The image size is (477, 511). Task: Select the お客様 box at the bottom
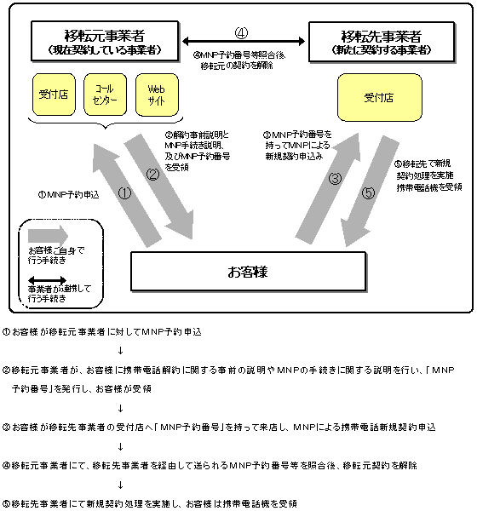point(248,273)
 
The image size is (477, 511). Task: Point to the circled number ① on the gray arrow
point(124,192)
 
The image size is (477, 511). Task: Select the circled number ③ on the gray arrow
point(336,179)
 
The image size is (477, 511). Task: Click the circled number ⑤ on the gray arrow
point(368,193)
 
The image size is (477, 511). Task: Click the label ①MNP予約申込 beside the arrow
point(69,194)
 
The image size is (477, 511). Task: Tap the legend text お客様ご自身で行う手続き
point(57,255)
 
